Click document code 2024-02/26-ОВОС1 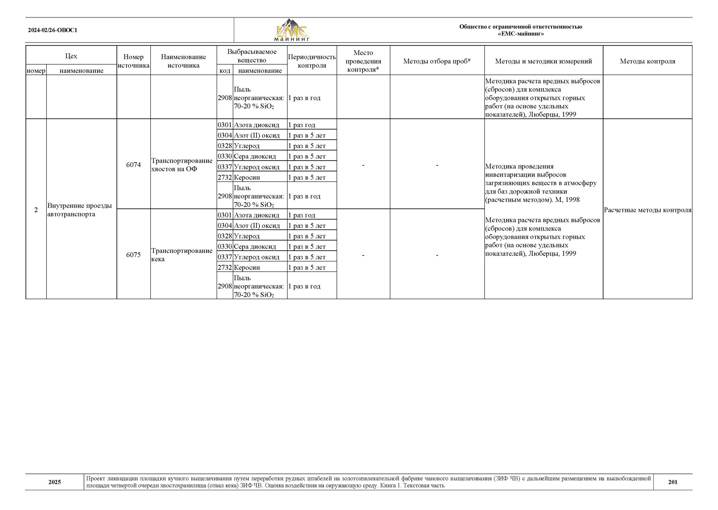coord(52,31)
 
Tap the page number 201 coord(673,482)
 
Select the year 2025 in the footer coord(55,482)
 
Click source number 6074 coord(134,165)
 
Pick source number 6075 coord(134,255)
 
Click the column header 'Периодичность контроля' coord(312,61)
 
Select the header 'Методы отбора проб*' coord(437,61)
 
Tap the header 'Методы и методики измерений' coord(543,61)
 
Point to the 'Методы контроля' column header coord(647,61)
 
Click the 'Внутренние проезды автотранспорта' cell coord(79,210)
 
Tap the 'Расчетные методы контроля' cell coord(647,210)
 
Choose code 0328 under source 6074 coord(225,146)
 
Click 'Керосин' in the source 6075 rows coord(247,267)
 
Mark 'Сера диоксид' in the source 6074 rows coord(255,156)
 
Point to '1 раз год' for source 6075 coord(302,215)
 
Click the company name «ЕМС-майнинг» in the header coord(521,34)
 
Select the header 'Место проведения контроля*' coord(363,61)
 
